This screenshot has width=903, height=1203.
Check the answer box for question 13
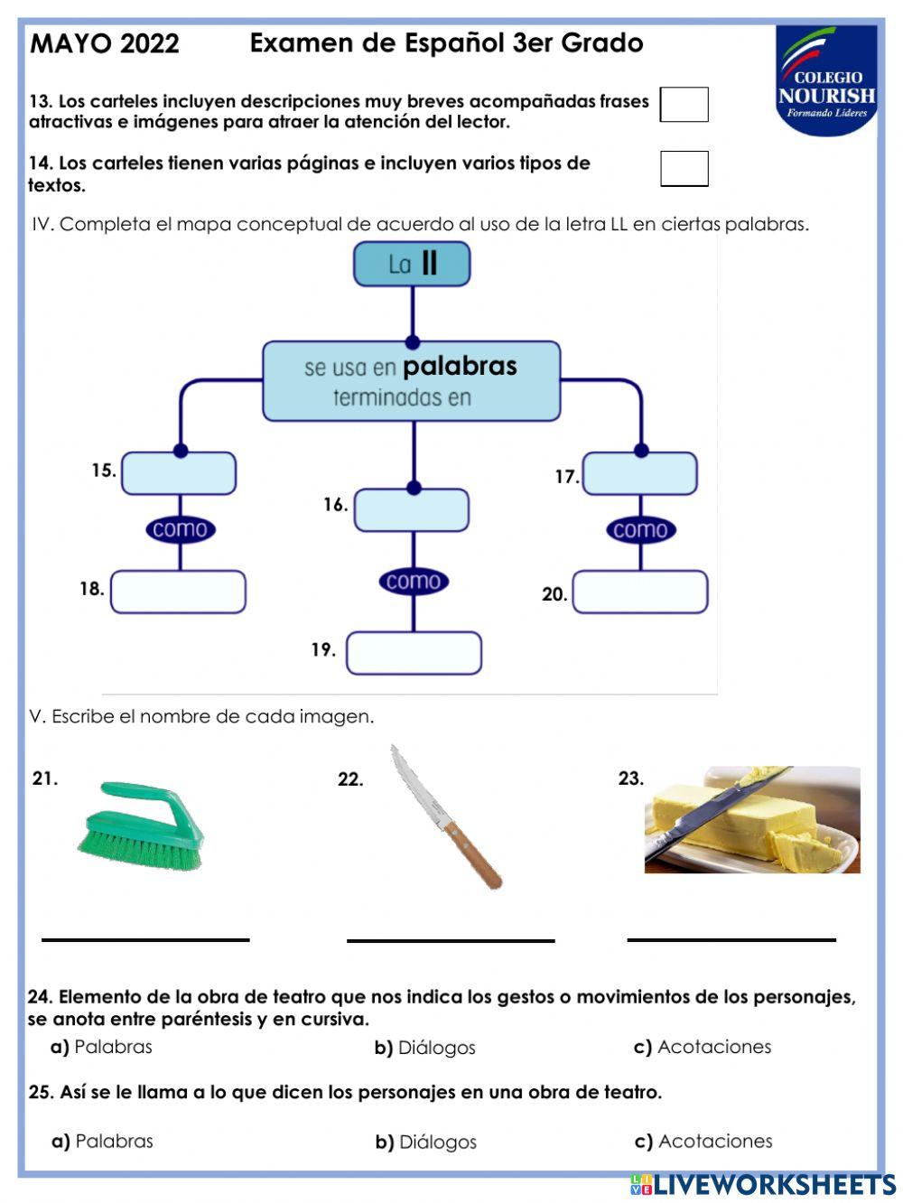684,105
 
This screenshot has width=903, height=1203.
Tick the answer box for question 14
684,169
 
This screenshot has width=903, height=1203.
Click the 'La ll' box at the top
412,265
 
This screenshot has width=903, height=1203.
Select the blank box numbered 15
179,473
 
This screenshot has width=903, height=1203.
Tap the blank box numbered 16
412,510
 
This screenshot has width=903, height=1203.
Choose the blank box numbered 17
640,473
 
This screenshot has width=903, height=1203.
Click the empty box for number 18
179,592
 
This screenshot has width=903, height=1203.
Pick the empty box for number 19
414,653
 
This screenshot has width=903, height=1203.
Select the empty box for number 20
640,592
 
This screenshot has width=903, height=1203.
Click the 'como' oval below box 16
414,582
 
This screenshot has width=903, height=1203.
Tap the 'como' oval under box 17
640,530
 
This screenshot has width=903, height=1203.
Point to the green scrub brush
142,826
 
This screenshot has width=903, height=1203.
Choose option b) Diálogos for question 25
425,1142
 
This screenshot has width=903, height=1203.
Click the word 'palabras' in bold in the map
460,366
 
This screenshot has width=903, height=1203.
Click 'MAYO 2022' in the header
105,43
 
